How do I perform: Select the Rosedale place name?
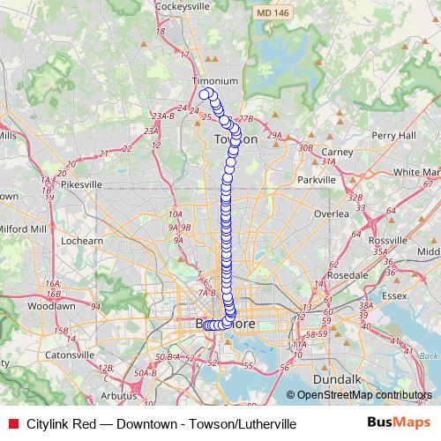(x=347, y=275)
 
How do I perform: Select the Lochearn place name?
(x=83, y=240)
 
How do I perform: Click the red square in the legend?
(x=11, y=423)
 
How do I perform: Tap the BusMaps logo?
(x=392, y=423)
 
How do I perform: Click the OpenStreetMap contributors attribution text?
(x=363, y=395)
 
